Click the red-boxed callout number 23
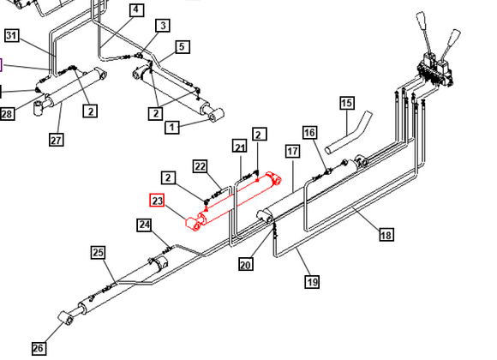157,201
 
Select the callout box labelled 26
38,348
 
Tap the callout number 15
347,103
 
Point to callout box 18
386,235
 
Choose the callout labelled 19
312,282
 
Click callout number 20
246,264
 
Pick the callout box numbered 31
12,35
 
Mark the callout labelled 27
56,139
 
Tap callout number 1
171,127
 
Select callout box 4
136,9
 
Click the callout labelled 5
182,47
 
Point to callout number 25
98,252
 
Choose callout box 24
144,225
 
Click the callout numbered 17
292,152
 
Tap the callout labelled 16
309,133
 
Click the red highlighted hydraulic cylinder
234,201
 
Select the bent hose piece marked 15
349,133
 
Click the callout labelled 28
7,113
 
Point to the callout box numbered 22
200,166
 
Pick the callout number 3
163,26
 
